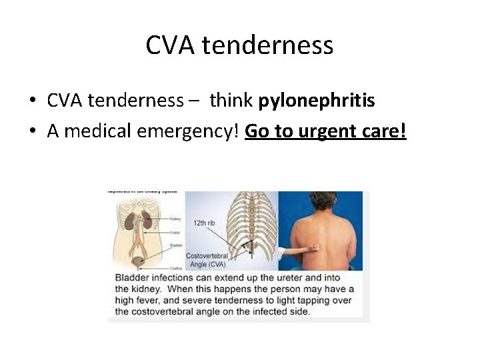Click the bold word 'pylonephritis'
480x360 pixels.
pyautogui.click(x=317, y=101)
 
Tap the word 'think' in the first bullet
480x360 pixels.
pyautogui.click(x=231, y=101)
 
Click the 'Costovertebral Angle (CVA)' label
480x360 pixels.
pyautogui.click(x=206, y=260)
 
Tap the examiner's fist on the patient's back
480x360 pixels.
pyautogui.click(x=313, y=247)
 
